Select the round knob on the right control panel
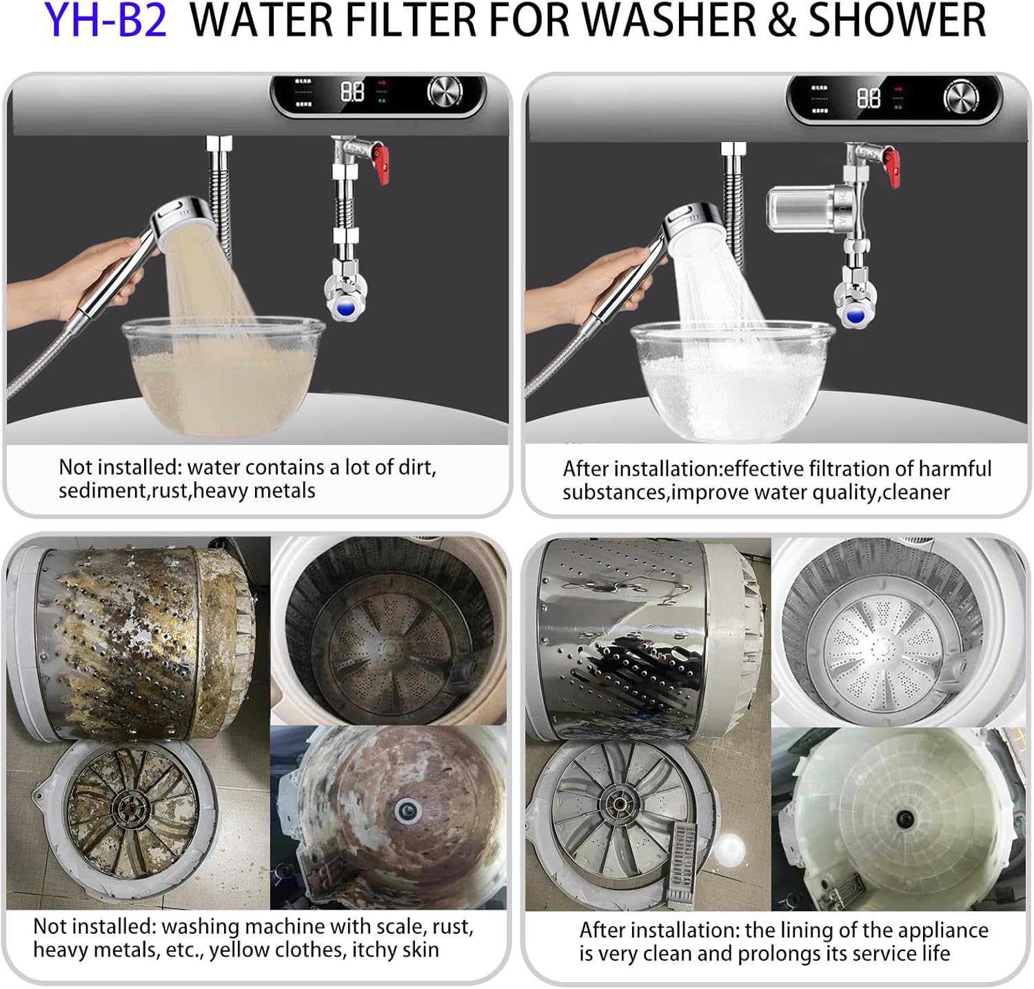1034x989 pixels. pos(960,97)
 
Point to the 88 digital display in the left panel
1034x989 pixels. pos(353,92)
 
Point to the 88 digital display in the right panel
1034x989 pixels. pos(869,97)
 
